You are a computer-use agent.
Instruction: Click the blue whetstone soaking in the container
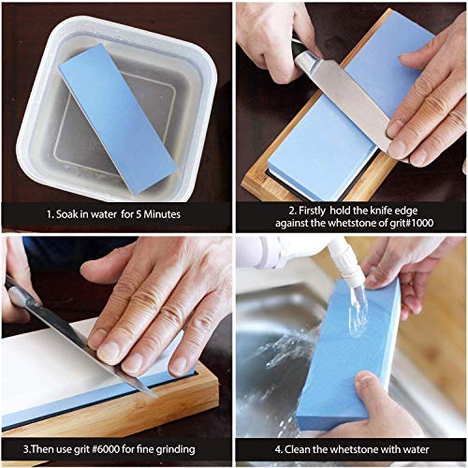(x=118, y=119)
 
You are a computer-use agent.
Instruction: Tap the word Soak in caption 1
(x=67, y=214)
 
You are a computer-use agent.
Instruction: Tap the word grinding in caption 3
(x=175, y=450)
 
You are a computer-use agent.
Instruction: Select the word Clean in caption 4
(x=297, y=449)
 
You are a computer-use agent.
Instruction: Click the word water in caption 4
(x=416, y=449)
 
